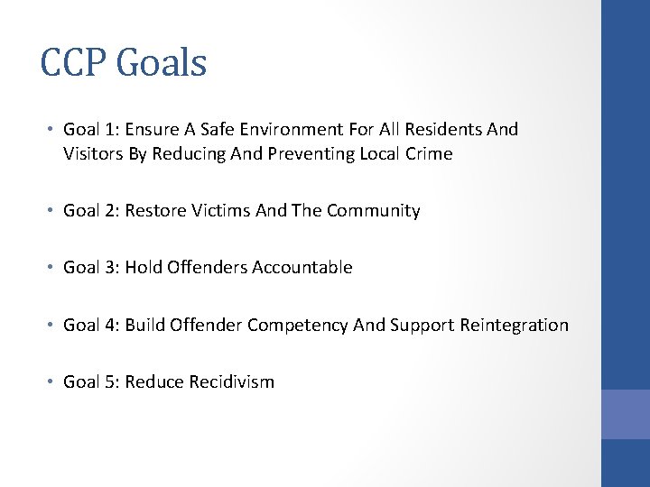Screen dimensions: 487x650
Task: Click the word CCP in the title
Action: coord(76,63)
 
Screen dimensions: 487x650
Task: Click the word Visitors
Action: coord(93,154)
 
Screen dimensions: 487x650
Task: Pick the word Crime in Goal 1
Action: coord(429,154)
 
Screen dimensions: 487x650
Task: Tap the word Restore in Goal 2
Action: coord(154,211)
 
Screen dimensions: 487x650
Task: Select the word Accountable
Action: coord(302,268)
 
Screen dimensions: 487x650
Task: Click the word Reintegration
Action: coord(515,325)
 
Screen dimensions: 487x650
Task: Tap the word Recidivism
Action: coord(231,381)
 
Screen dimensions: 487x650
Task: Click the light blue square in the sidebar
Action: coord(625,415)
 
